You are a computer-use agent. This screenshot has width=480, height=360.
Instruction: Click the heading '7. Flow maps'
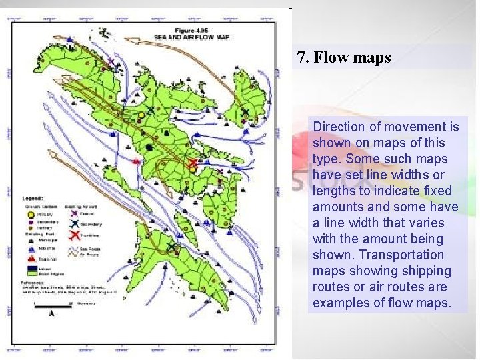344,58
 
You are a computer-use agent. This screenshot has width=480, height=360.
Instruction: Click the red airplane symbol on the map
193,162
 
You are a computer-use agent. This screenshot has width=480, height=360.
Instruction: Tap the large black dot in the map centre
149,146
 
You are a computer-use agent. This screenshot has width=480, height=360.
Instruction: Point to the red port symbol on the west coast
137,161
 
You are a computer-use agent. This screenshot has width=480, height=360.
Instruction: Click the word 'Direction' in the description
339,127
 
